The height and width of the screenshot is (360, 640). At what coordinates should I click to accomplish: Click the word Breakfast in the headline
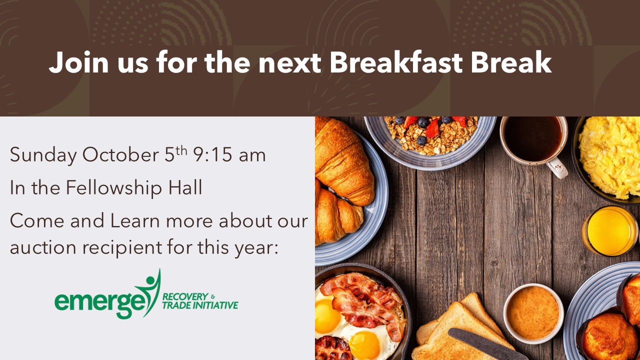[395, 62]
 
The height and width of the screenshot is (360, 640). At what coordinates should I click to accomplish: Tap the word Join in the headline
[78, 62]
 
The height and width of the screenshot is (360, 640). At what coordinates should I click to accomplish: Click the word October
[120, 154]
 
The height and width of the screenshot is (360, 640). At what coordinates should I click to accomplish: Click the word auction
[43, 247]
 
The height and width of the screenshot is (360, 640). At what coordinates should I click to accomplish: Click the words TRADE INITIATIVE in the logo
[200, 305]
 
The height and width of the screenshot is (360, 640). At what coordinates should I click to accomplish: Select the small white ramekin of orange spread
[533, 313]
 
